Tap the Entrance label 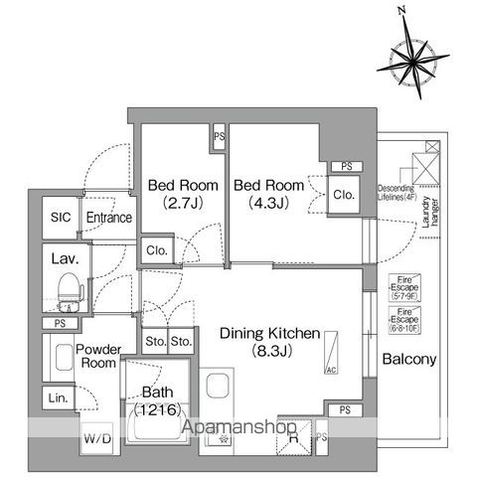[x=108, y=218]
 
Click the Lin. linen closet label [x=57, y=397]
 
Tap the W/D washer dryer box [x=96, y=436]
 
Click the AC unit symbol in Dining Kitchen [x=330, y=354]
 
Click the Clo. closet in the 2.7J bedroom [x=157, y=250]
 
